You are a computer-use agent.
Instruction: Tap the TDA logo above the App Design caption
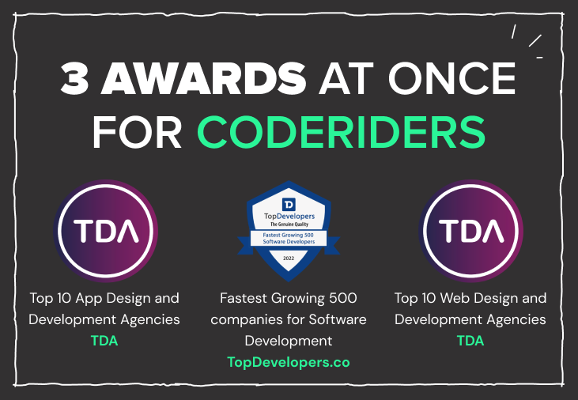click(106, 232)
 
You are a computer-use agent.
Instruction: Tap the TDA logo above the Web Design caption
click(471, 232)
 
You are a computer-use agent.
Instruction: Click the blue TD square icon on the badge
click(289, 204)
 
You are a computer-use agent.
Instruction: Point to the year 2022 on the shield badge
click(289, 257)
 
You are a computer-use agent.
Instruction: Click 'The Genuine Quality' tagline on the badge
click(289, 225)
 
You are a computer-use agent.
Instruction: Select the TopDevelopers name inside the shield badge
click(289, 216)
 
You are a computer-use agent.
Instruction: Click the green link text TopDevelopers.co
click(289, 362)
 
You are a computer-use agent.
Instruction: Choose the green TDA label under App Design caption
click(104, 341)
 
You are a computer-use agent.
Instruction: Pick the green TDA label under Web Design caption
click(470, 341)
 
